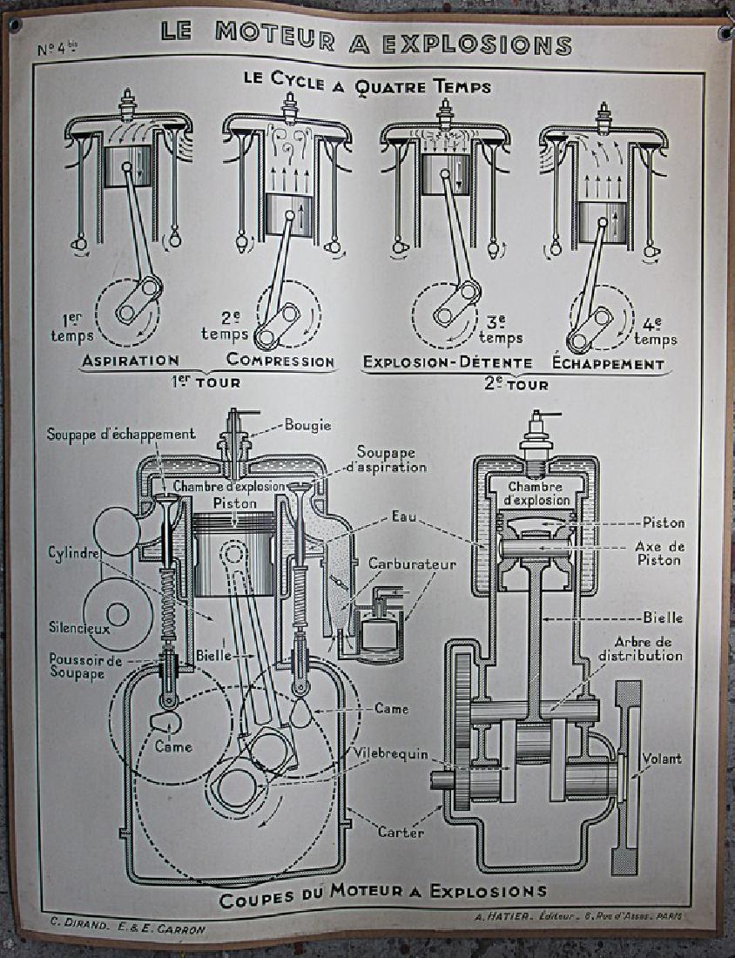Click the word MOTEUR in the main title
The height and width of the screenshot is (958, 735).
(273, 35)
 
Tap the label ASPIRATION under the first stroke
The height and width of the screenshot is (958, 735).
(131, 361)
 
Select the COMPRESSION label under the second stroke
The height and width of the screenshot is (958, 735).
(280, 361)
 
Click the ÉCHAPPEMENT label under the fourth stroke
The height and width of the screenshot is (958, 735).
(608, 362)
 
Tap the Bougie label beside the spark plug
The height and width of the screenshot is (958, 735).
(307, 426)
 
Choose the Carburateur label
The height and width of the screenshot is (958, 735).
(412, 564)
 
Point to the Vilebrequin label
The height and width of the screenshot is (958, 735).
(391, 751)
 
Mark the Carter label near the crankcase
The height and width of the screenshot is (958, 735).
(401, 833)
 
